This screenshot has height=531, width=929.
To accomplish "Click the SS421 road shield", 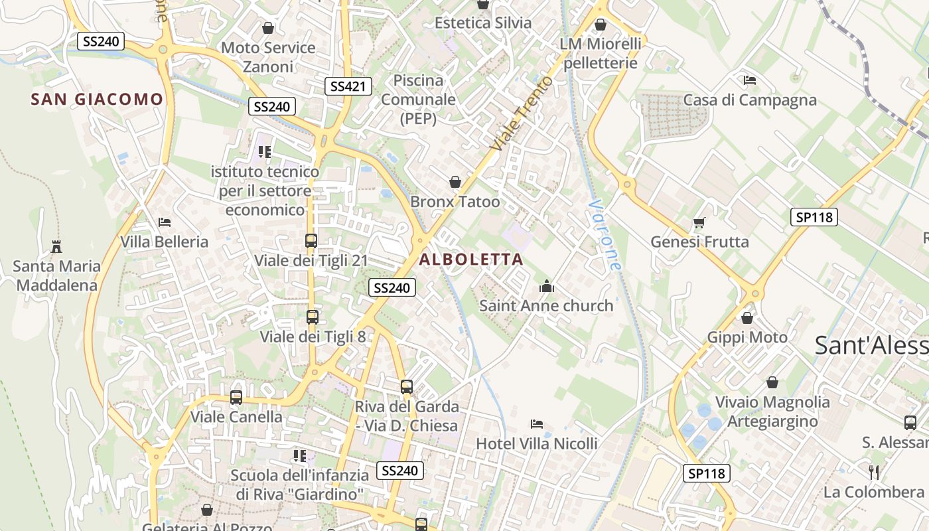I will [x=348, y=86].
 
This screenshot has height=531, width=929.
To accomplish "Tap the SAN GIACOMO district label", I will [x=97, y=100].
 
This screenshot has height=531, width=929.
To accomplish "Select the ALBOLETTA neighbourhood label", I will [x=471, y=260].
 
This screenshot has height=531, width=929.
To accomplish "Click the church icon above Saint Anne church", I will [x=547, y=287].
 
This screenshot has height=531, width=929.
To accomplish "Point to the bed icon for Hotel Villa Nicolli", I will [x=537, y=424].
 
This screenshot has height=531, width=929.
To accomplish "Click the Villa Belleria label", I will [x=165, y=242].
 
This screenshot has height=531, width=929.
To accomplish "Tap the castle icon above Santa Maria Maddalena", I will [x=56, y=247].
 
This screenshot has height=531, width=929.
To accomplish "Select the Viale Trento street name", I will [x=522, y=113].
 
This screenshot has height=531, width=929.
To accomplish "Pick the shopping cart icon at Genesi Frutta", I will [x=699, y=222].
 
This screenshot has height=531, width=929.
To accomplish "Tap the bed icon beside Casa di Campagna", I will [x=750, y=80].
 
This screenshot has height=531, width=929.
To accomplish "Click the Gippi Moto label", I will [x=747, y=337].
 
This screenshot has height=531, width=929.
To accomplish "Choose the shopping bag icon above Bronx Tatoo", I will [x=455, y=182].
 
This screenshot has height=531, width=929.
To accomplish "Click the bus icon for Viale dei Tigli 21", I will [x=311, y=241].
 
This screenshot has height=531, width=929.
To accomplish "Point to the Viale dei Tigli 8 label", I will [x=313, y=337].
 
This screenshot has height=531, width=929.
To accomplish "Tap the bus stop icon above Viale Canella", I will [x=236, y=398].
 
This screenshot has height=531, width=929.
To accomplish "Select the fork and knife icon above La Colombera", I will [x=874, y=472].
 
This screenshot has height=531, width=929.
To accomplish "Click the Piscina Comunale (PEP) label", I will [x=419, y=100].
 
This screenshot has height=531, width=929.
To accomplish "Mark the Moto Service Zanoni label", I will [x=268, y=57].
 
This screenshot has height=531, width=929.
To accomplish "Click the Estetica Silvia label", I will [x=483, y=23].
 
